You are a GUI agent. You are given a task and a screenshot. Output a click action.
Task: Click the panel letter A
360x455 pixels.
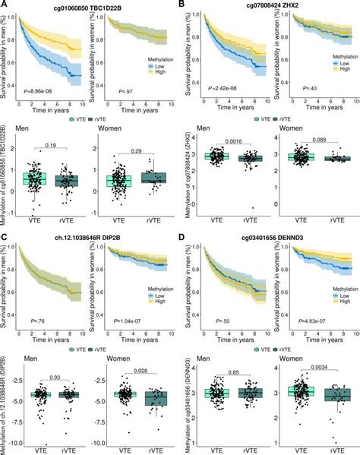coord(5,5)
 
